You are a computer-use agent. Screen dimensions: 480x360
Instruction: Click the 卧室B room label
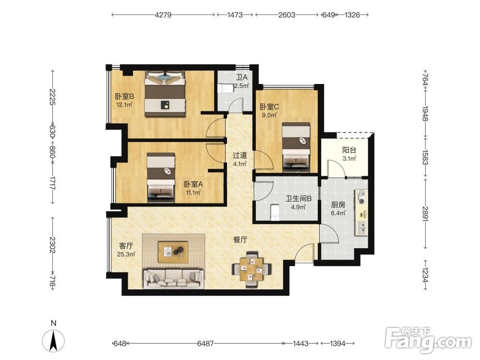coord(124,96)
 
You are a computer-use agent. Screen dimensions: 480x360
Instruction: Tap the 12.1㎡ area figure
coord(124,105)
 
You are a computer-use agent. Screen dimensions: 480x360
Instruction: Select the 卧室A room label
coord(193,184)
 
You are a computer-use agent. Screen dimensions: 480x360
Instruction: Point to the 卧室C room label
coord(269,107)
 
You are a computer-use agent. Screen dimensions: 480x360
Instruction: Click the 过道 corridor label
coord(240,156)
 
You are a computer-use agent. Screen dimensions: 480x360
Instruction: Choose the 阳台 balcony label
coord(349,150)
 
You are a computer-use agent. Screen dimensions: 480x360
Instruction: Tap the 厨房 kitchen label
coord(338,204)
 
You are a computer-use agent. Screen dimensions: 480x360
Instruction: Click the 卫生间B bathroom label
coord(298,199)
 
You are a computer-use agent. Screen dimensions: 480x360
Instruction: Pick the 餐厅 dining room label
coord(240,240)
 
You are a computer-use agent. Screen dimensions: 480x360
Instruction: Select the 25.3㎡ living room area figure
coord(126,254)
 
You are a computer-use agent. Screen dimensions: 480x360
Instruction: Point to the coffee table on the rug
coord(173,252)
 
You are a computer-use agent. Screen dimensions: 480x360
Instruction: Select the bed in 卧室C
coord(296,147)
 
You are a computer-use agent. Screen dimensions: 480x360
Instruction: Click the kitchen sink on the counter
coord(361,228)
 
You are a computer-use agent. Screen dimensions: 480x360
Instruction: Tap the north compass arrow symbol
coord(53,341)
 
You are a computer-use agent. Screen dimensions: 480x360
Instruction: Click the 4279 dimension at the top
coord(163,15)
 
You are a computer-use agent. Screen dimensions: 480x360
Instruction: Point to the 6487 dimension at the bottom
coord(205,344)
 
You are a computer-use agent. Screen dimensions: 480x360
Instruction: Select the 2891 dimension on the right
coord(425,214)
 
